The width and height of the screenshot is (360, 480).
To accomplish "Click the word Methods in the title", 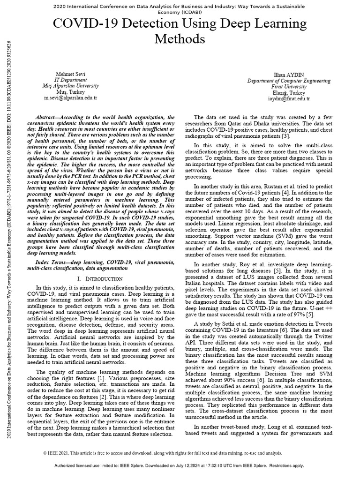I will tap(180, 38).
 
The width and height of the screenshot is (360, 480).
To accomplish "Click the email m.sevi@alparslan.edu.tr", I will tap(70, 98).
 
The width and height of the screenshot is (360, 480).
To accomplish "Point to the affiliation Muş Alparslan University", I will tap(70, 86).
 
